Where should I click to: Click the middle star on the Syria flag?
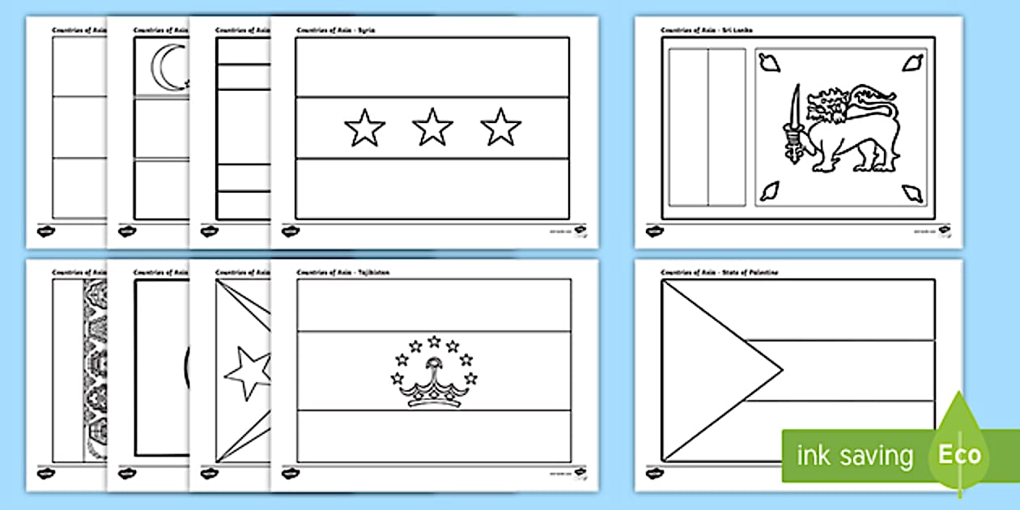coord(433,128)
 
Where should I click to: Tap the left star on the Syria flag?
coord(365,128)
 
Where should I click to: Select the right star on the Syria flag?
coord(501,128)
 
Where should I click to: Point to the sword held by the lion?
coord(795,121)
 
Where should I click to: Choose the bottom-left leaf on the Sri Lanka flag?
coord(768,193)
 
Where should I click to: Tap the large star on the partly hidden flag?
coord(247,372)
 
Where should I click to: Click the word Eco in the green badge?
coord(959,454)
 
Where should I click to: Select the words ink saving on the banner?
coord(855,456)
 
